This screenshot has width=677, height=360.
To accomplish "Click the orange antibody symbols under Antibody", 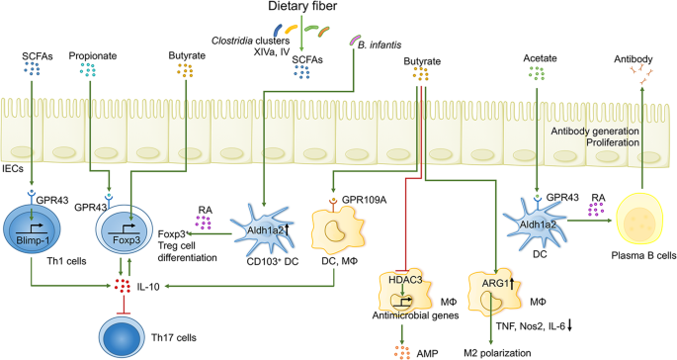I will pyautogui.click(x=634, y=76).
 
